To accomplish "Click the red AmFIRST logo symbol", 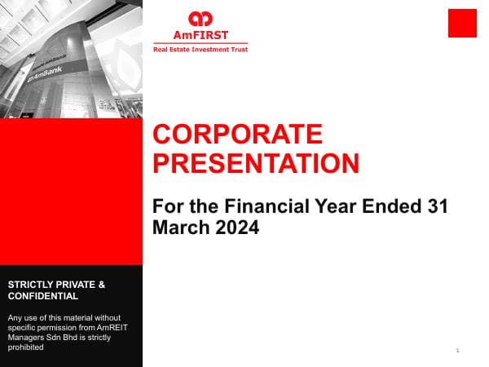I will tap(200, 19).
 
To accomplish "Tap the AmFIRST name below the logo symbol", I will tap(200, 35).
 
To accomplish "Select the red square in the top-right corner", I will tap(462, 23).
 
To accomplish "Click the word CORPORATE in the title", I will tap(238, 135).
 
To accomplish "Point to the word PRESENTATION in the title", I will tap(256, 163).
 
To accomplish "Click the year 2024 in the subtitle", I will tap(236, 228).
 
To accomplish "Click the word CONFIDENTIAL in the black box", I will tap(43, 296).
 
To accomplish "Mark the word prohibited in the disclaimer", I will tap(24, 347).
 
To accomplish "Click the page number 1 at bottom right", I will tap(458, 351).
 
